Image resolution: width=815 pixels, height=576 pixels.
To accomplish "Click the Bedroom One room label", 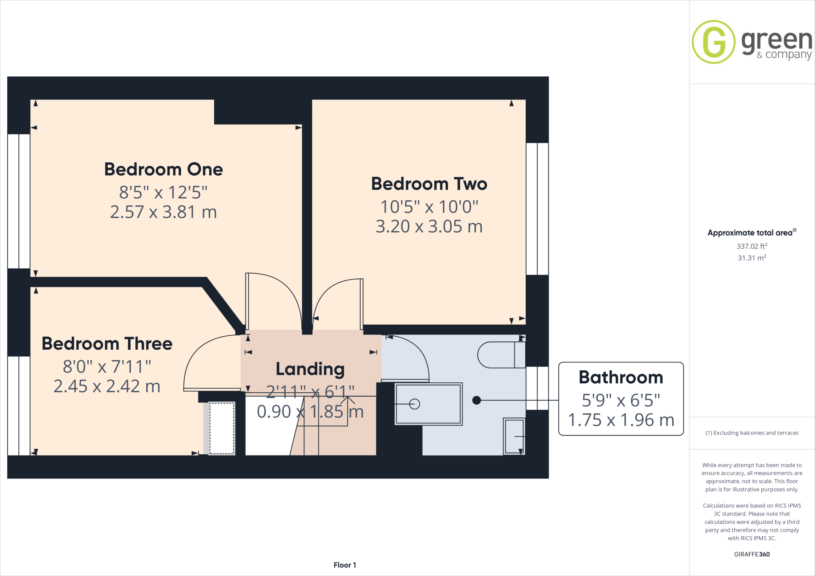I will [x=163, y=169].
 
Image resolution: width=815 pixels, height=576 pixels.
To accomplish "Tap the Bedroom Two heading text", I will [x=429, y=184].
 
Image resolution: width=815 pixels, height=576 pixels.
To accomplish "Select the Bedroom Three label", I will [x=107, y=344].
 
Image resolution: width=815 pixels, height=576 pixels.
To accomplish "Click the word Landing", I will [x=310, y=369].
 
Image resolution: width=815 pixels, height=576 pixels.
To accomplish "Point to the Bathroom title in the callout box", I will [x=621, y=378].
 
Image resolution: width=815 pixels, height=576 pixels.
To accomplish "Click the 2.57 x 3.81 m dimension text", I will [x=163, y=212].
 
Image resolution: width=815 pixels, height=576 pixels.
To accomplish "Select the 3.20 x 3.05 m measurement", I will [x=429, y=227].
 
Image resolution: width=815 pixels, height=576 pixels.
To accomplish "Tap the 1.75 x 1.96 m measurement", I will [x=621, y=420].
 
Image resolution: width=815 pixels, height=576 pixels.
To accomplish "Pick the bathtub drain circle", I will [x=415, y=404].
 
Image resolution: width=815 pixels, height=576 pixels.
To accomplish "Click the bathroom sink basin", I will [x=515, y=436].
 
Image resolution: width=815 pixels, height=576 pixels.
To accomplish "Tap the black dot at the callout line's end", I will [x=476, y=400].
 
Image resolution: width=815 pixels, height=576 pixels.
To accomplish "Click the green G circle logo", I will [x=714, y=42].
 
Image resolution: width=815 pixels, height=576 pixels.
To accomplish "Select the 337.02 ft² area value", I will [x=752, y=246].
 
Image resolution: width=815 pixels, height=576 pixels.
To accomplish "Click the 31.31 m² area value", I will [x=752, y=258].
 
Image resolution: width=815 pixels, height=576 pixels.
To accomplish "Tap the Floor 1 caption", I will [x=345, y=565].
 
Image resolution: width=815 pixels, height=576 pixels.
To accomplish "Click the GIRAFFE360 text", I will [x=752, y=554].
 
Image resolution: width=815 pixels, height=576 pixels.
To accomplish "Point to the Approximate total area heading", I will [x=751, y=233].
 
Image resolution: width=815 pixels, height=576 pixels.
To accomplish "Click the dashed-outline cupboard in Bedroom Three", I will [x=222, y=428].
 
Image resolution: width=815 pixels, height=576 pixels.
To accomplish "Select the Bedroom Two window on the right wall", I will [x=537, y=209].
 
